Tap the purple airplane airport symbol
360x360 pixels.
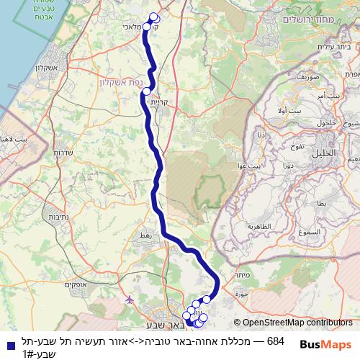[x=130, y=298]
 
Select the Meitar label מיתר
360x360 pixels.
[x=241, y=274]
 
